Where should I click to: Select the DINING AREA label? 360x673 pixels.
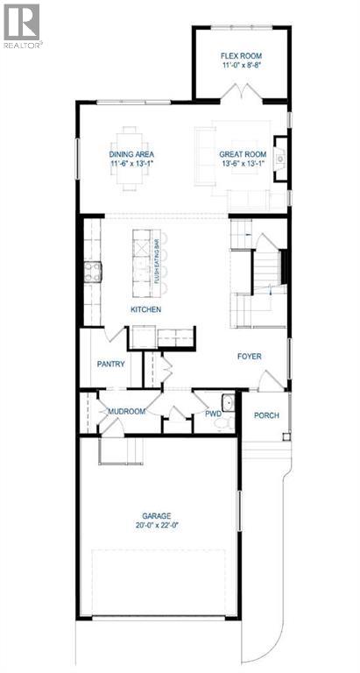132,154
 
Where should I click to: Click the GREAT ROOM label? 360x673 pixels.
242,154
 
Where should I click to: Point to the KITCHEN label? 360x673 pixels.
147,310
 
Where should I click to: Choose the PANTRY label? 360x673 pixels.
112,364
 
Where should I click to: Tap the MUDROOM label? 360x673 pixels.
124,410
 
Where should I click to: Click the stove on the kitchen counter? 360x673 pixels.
93,271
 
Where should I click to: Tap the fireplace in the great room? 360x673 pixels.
280,159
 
